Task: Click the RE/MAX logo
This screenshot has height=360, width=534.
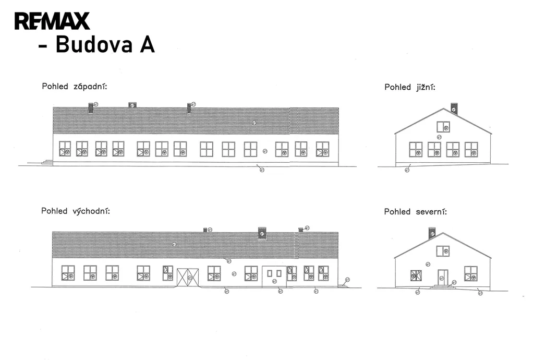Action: click(x=52, y=21)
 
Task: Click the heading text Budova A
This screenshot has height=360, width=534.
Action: click(x=104, y=45)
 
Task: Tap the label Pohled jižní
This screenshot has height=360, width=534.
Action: click(x=409, y=87)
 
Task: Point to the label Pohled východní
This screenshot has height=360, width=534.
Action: click(x=75, y=211)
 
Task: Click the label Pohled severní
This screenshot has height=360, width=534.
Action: click(x=415, y=212)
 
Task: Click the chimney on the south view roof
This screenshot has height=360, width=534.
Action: click(x=454, y=108)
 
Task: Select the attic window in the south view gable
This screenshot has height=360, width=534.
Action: click(x=443, y=126)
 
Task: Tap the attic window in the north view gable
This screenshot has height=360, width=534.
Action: click(x=443, y=251)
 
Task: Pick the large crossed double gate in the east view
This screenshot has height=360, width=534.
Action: click(x=188, y=277)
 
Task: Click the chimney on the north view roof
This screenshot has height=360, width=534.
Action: click(x=432, y=233)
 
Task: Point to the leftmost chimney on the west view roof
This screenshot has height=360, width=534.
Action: click(x=91, y=107)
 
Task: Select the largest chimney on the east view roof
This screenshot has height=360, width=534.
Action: click(x=262, y=233)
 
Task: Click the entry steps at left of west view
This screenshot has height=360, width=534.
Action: click(x=47, y=162)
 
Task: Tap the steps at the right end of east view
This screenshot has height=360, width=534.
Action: click(x=343, y=285)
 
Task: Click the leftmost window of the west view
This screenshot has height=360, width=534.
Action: click(x=65, y=149)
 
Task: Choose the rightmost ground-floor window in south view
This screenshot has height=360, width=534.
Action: click(x=471, y=149)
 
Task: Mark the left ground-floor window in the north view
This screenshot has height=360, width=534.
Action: click(x=416, y=275)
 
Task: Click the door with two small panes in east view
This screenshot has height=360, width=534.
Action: click(x=274, y=276)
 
